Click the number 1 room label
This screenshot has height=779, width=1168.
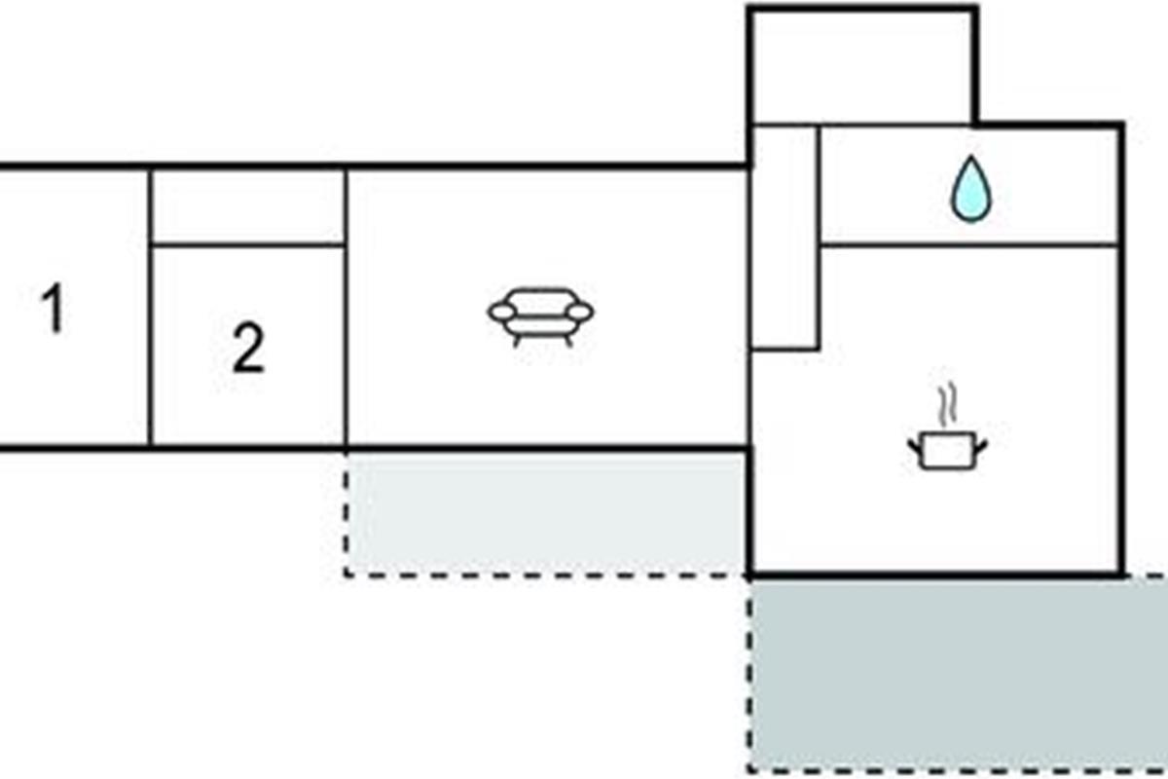coord(55,310)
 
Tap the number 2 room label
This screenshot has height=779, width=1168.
coord(248,350)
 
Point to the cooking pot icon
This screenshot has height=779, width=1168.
coord(947,450)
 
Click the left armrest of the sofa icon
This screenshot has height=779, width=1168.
coord(503,312)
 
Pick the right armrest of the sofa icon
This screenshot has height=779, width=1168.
coord(579,312)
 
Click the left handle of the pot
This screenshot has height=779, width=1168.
coord(915,445)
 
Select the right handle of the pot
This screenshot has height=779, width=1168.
coord(980,445)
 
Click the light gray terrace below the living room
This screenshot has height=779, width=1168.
coord(545,512)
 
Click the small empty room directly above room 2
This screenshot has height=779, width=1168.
coord(248,206)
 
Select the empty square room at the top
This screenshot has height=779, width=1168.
coord(861,66)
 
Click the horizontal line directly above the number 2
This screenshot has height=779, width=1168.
coord(248,244)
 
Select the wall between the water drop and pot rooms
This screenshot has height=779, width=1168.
coord(968,244)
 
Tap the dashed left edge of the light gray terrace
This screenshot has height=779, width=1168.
coord(346,512)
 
